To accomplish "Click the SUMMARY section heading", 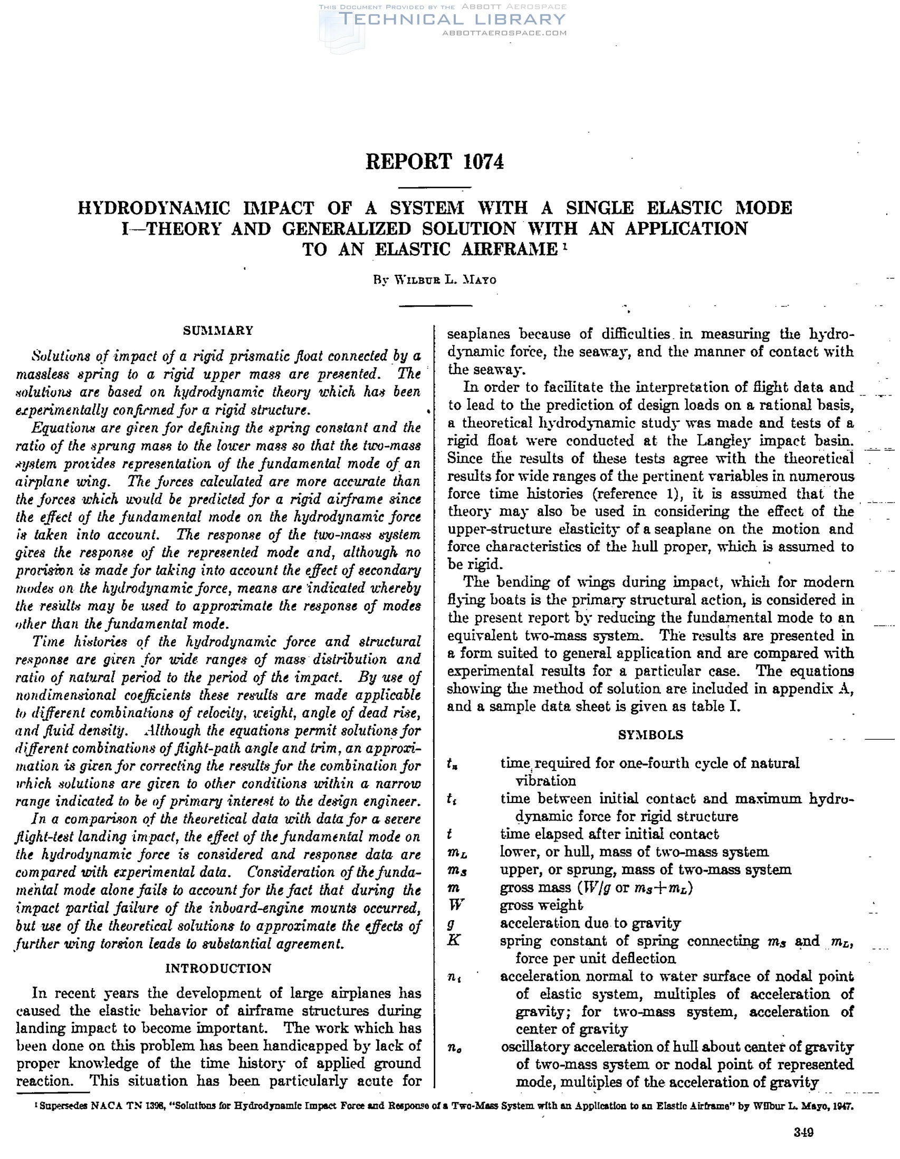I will (x=218, y=331).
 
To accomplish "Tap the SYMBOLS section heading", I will (x=650, y=735).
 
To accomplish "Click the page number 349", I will (x=803, y=1132).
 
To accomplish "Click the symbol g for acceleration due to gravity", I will (x=452, y=923).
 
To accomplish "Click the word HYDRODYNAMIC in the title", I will (x=154, y=208).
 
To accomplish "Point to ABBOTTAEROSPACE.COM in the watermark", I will (x=504, y=33).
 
